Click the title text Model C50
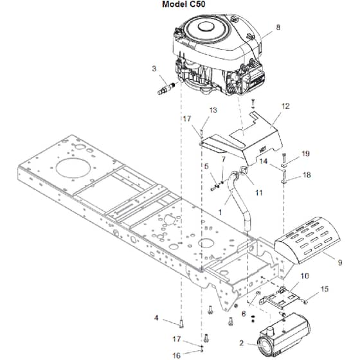click(x=183, y=4)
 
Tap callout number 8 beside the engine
click(x=278, y=27)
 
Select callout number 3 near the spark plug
click(x=154, y=69)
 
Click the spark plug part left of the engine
click(x=166, y=89)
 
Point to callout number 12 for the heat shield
click(x=285, y=106)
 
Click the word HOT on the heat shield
click(x=262, y=150)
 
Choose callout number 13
click(x=213, y=110)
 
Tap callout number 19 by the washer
click(x=305, y=154)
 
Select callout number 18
click(x=307, y=175)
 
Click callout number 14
click(x=264, y=161)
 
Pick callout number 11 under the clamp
click(x=259, y=193)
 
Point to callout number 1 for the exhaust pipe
click(x=221, y=212)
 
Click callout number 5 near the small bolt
click(x=206, y=166)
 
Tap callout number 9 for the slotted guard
click(x=340, y=262)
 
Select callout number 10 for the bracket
click(x=305, y=276)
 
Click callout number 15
click(x=325, y=289)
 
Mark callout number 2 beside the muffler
click(x=241, y=343)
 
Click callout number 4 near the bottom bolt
click(x=156, y=318)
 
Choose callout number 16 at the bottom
click(x=176, y=355)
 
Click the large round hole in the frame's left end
click(x=73, y=168)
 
